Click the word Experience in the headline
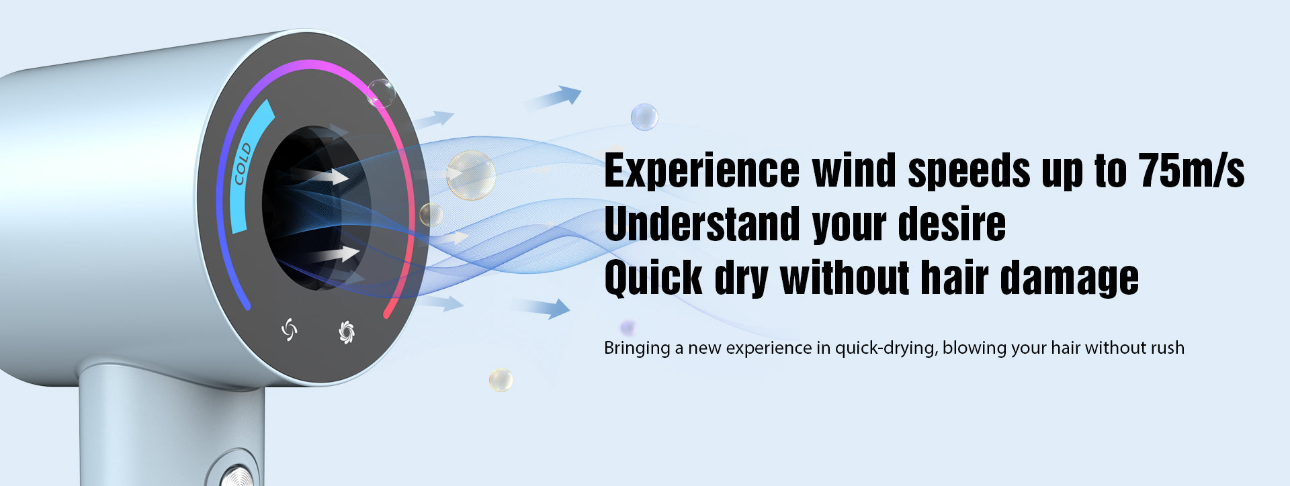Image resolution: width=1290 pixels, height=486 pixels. [702, 171]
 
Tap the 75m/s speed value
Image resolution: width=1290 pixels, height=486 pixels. [1191, 170]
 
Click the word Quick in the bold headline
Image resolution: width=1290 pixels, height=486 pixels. [653, 278]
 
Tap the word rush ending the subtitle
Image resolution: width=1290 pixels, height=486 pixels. [1167, 348]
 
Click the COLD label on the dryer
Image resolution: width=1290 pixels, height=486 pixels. [242, 164]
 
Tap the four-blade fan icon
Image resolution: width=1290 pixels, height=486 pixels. [289, 329]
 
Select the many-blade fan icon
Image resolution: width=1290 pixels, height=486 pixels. [346, 332]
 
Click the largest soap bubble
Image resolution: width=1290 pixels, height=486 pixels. [471, 175]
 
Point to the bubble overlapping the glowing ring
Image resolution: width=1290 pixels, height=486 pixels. [381, 93]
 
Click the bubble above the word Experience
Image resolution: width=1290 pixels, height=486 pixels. [644, 117]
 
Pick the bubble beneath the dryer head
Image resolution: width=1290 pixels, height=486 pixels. [501, 380]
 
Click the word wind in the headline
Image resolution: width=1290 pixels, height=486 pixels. [854, 170]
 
